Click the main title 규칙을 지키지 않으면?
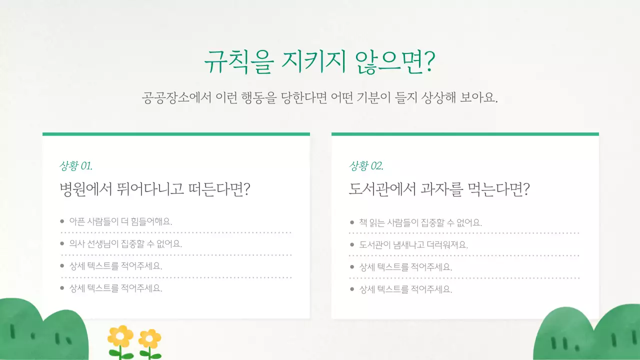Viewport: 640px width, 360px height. pos(319,62)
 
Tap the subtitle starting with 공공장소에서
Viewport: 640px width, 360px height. pos(319,97)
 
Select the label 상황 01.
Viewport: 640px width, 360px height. pos(75,166)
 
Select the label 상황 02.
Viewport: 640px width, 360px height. pos(366,166)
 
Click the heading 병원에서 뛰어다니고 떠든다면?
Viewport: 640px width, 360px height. pos(154,189)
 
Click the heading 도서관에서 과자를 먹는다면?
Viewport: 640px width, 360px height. pos(439,189)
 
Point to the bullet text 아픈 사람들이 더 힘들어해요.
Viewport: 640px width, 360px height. pos(120,221)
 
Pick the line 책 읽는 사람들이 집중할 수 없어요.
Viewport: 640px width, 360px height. pos(420,222)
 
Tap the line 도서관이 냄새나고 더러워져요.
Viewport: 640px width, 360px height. pos(413,245)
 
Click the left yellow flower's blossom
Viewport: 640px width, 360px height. pos(120,336)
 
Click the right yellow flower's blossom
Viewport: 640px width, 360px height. pos(149,338)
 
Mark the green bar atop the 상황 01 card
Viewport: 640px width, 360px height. pos(176,134)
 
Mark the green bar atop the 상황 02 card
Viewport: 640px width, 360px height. pos(465,134)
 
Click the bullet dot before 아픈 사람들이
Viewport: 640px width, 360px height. pos(62,221)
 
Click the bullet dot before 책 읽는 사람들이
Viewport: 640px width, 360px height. pos(352,222)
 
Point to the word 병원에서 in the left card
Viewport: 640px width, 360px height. pos(80,189)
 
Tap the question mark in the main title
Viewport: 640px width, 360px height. pos(429,62)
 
